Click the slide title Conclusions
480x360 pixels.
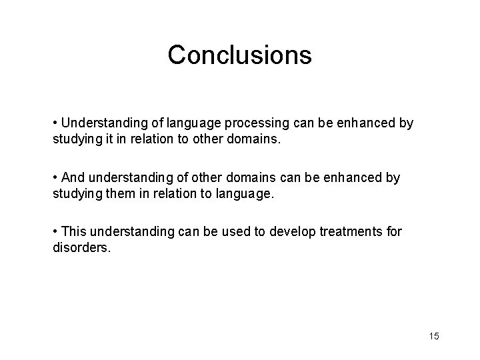[239, 55]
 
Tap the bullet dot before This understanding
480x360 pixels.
[55, 231]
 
